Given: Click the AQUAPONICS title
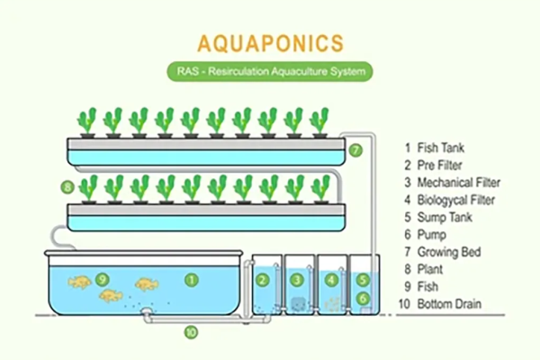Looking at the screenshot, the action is coord(270,43).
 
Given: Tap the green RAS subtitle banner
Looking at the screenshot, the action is coord(270,72).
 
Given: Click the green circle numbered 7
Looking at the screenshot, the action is coord(355,150).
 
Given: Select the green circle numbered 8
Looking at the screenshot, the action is coord(67,187).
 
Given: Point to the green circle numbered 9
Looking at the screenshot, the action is coord(103,279).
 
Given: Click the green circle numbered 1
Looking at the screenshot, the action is coord(192,280).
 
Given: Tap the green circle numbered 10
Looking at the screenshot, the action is coord(191,332).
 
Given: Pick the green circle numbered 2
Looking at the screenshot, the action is coord(263,280).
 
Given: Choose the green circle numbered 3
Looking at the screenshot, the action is coord(297,280).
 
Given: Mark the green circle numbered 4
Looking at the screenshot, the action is coord(331,280).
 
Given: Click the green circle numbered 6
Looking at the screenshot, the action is coord(363,298).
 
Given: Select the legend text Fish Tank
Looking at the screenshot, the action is coord(440,148).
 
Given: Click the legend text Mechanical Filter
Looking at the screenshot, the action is coord(459,182).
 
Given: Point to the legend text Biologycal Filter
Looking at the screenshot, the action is coord(456,200).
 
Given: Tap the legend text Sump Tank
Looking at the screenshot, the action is coord(445,218).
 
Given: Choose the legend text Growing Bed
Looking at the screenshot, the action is coord(449,252).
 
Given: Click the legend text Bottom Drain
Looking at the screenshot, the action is coord(449,304).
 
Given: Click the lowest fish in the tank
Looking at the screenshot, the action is coord(111,295).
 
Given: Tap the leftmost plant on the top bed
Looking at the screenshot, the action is coord(86,122).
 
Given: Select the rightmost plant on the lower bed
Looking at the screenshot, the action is coord(320,189).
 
